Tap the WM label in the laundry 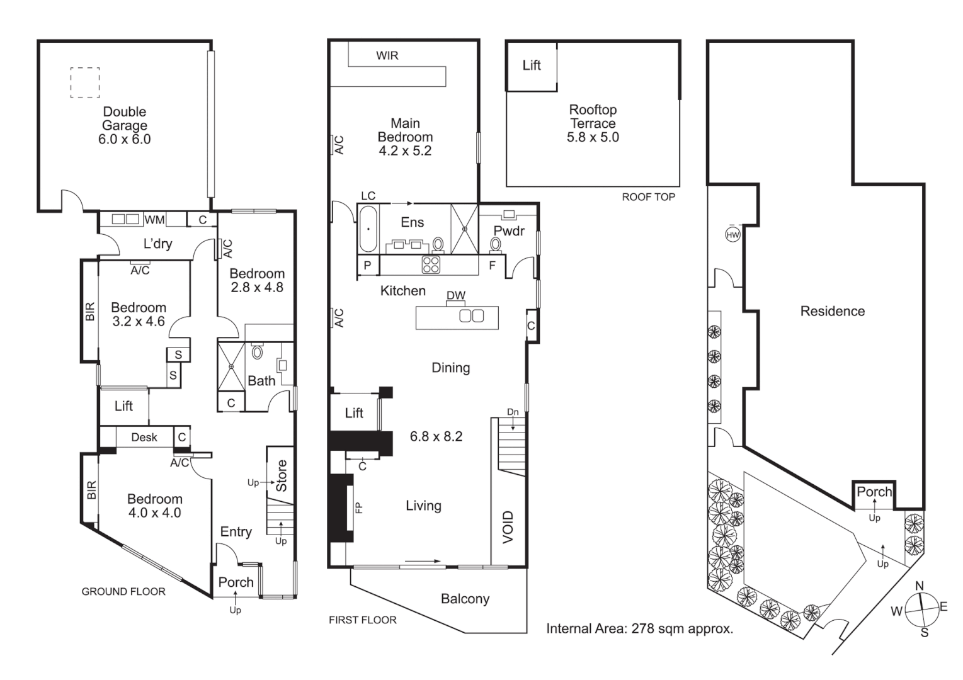pos(154,220)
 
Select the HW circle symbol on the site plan pos(732,235)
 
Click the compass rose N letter pos(920,586)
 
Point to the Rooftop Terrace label pos(593,117)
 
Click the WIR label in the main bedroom pos(387,55)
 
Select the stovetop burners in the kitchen pos(431,264)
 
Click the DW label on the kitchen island pos(455,295)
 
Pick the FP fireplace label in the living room pos(359,507)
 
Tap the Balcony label pos(465,599)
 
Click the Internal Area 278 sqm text pos(639,628)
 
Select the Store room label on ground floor pos(282,475)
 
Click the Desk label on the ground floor pos(144,437)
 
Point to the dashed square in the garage pos(85,82)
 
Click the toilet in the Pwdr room pos(496,244)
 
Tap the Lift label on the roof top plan pos(532,65)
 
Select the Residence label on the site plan pos(832,311)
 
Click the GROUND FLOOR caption pos(123,592)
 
